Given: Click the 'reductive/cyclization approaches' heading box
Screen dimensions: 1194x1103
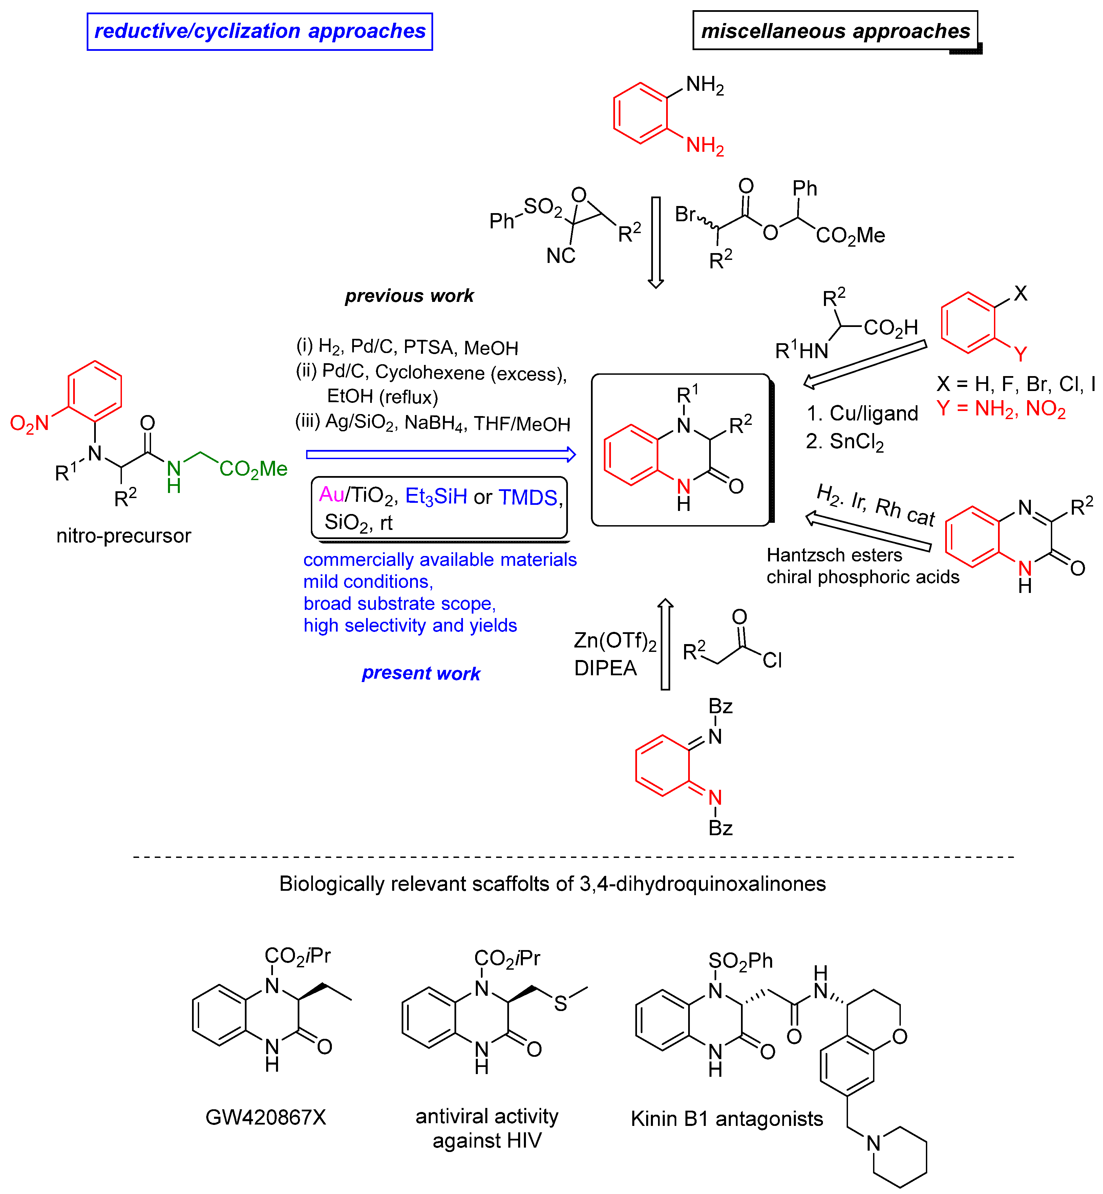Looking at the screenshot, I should pos(260,32).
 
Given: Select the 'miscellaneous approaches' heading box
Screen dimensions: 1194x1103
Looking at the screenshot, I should pos(835,31).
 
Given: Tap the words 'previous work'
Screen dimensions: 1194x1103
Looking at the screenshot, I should pos(409,296).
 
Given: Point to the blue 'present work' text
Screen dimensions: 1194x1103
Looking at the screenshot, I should pos(421,674).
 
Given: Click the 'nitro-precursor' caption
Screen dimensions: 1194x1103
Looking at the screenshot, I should pos(124,536).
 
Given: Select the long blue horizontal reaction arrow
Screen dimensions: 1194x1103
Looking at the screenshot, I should pos(441,455).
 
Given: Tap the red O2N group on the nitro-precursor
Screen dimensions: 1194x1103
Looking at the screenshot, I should pos(30,423).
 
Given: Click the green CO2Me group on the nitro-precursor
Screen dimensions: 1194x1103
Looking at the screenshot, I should pos(253,469).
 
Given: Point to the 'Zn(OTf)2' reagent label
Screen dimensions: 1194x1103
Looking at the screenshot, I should pos(615,641).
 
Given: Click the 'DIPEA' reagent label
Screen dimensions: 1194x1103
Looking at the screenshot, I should pos(605,668).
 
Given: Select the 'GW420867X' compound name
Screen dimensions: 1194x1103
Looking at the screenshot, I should pos(266,1117).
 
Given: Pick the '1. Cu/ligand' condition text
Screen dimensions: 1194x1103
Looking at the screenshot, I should pos(862,413).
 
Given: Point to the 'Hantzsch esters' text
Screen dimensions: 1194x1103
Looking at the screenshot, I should pos(834,555).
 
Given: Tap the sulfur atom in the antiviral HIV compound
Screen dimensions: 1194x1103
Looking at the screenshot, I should pos(560,1004).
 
